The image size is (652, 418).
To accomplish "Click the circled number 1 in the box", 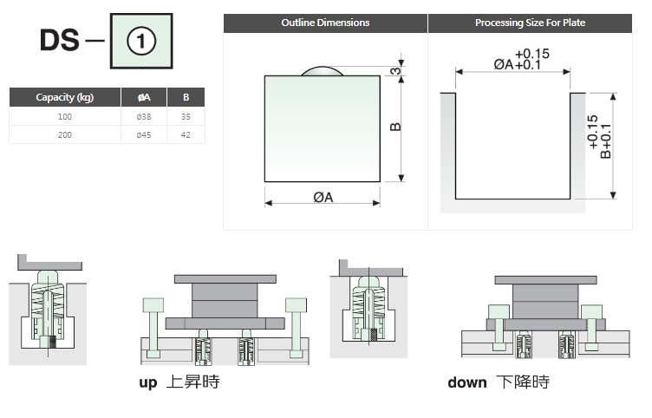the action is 141,41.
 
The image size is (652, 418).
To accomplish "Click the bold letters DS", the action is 60,41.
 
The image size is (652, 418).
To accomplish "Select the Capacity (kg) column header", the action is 65,97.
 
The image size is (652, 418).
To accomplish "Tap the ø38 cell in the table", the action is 144,117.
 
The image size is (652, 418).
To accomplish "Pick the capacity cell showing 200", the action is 65,134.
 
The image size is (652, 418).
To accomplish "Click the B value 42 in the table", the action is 186,134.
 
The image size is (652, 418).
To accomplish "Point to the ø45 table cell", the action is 144,134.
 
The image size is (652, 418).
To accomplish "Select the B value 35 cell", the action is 186,117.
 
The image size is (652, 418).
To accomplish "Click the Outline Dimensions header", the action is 325,23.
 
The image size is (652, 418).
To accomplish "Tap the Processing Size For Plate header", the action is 530,23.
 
